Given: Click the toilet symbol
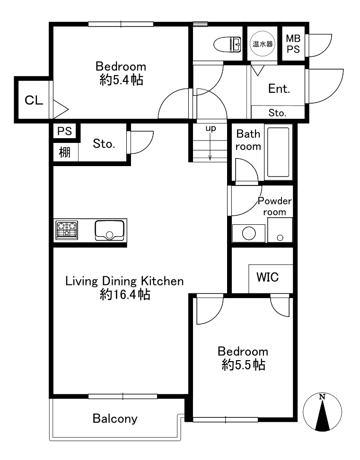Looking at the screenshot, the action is [x=227, y=44].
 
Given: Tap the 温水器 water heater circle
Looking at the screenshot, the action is [x=263, y=44].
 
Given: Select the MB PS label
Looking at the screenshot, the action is [x=293, y=44].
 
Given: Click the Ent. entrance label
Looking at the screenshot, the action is [x=279, y=88].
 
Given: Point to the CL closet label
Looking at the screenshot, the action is [x=34, y=100].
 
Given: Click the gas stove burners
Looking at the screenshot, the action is [x=67, y=230].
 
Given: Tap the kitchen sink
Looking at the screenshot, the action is [x=109, y=230].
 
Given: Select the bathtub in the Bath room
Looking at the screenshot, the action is [x=278, y=151].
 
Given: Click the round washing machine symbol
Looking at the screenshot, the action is [x=249, y=233].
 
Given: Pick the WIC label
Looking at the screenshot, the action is [x=267, y=277].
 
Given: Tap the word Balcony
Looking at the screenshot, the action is [x=115, y=419].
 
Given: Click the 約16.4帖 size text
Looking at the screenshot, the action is [x=125, y=294].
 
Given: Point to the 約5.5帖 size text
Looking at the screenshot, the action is [x=243, y=365].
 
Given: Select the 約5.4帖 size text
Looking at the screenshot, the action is [x=121, y=80].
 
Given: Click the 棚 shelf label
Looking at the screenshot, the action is [x=64, y=152].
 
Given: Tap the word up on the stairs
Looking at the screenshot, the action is [x=211, y=128].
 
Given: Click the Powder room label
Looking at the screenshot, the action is [x=274, y=206].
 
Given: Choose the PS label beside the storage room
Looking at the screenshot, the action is [x=64, y=131].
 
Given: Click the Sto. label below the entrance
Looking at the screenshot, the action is [x=277, y=113].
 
